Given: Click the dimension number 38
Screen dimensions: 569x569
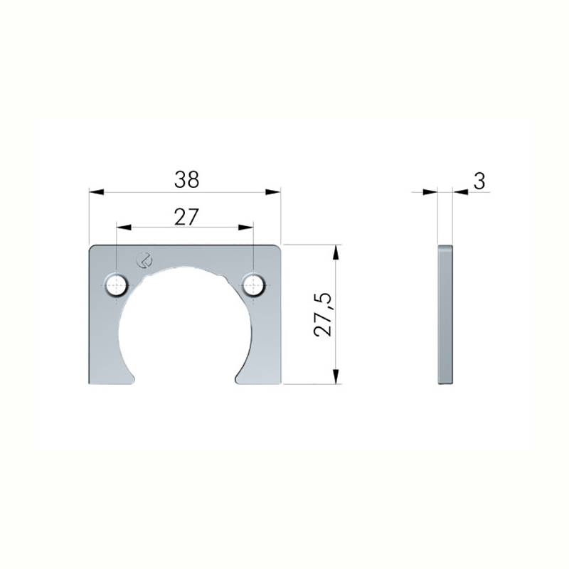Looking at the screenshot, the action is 186,179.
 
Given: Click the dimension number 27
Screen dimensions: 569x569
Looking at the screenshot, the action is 186,217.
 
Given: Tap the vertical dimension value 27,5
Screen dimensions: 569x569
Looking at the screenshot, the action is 324,314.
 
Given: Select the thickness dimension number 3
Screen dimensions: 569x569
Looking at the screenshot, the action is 479,181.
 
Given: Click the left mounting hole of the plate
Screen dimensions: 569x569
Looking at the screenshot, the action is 117,285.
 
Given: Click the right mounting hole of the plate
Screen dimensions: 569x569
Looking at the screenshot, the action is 254,285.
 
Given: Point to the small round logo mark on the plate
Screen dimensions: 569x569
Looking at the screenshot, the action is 144,260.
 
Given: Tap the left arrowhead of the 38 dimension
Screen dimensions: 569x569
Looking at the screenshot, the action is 97,191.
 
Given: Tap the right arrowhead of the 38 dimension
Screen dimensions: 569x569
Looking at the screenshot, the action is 273,191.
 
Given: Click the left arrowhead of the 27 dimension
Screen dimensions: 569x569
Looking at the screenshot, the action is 124,227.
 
